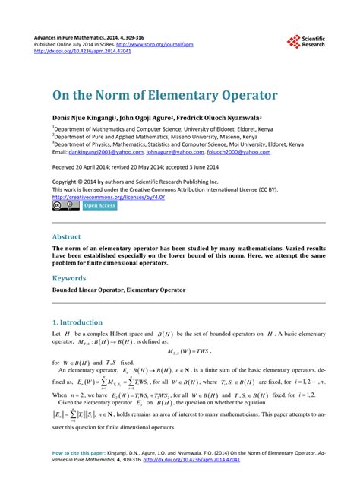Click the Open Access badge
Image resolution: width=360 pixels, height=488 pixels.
click(x=99, y=205)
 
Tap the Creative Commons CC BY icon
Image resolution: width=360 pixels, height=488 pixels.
click(x=65, y=205)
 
